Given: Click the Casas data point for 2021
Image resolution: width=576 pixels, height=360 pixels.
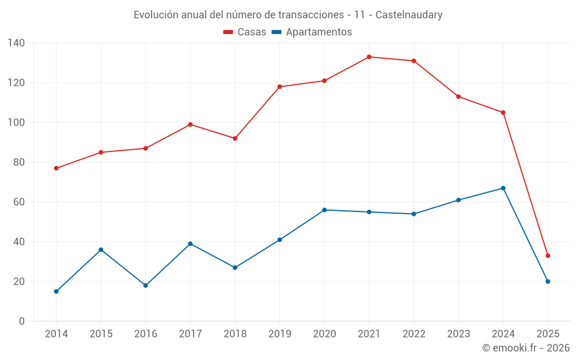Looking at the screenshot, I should coord(369,57).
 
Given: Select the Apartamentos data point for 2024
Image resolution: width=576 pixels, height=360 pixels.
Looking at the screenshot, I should coord(503,188).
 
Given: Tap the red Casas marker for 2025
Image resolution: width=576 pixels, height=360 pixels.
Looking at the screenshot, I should coord(548,256).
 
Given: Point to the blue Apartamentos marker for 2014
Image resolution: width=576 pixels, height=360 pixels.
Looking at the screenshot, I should coord(56,291).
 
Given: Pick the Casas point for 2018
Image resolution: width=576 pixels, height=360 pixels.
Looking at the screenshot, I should coord(235,138).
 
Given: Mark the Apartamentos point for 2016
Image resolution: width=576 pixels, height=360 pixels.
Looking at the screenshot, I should coord(146,286).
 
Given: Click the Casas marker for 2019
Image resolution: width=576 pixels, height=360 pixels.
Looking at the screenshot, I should coord(280,87).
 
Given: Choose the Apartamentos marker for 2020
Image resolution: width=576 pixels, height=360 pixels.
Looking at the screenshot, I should coord(324,210).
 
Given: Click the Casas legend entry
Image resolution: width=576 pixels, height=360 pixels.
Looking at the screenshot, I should coord(245,32).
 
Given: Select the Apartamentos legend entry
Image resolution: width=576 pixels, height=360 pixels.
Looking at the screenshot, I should coord(312,32).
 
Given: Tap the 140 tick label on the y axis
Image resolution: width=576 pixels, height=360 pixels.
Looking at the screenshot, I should coord(16,43).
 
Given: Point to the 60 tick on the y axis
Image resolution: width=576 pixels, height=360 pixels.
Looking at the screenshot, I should coord(19,202).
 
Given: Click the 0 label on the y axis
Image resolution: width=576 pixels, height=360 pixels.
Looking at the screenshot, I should coord(22,321).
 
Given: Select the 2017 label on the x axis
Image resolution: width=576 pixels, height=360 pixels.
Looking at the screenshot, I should coord(190,334).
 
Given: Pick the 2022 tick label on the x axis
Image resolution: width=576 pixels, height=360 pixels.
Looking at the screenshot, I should coord(414,334).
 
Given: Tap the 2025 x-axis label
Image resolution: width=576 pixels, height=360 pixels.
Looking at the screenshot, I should coord(548,334).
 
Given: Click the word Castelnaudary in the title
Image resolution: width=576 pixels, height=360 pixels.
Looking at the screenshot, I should coord(409,15).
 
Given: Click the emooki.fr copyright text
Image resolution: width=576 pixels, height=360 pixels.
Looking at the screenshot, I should coord(526,348).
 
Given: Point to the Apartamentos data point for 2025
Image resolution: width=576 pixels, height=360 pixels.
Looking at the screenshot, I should coord(548,282).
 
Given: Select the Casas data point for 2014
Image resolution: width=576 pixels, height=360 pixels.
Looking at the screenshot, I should coord(56,168).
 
